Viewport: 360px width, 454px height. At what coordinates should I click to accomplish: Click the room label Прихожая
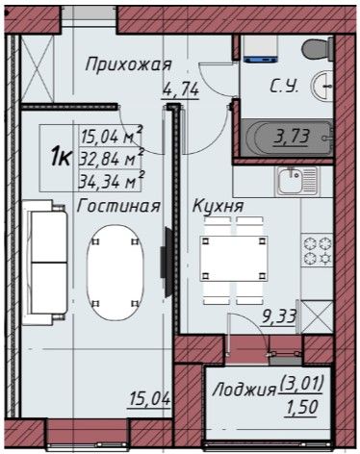pos(128,64)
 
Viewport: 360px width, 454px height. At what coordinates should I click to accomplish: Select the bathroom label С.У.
pos(284,86)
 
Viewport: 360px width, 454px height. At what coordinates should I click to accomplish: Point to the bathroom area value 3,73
pos(291,137)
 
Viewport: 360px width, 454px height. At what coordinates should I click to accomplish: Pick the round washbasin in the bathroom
pos(321,86)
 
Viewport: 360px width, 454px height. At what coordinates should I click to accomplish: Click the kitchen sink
pos(296,181)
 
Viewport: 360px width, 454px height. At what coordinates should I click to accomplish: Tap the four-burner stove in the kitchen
pos(317,251)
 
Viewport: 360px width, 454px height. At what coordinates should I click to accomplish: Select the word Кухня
pos(218,206)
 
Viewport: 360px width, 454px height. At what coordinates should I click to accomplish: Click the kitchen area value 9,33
pos(279,317)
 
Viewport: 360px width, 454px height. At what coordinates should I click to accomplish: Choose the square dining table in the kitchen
pos(234,259)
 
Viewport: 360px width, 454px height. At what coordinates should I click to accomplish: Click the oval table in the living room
pos(116,272)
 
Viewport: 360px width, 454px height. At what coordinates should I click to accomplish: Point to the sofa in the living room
pos(45,263)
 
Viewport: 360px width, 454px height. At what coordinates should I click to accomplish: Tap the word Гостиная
pos(118,206)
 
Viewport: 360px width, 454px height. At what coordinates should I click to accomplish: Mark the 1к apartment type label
pos(61,158)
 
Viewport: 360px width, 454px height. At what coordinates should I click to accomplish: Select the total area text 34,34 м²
pos(111,182)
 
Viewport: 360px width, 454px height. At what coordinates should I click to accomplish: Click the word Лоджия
pos(244,391)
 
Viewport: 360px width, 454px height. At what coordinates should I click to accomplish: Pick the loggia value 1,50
pos(302,408)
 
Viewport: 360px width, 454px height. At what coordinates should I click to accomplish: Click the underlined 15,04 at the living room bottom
pos(149,399)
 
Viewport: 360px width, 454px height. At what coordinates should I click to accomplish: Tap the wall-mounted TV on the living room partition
pos(167,263)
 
